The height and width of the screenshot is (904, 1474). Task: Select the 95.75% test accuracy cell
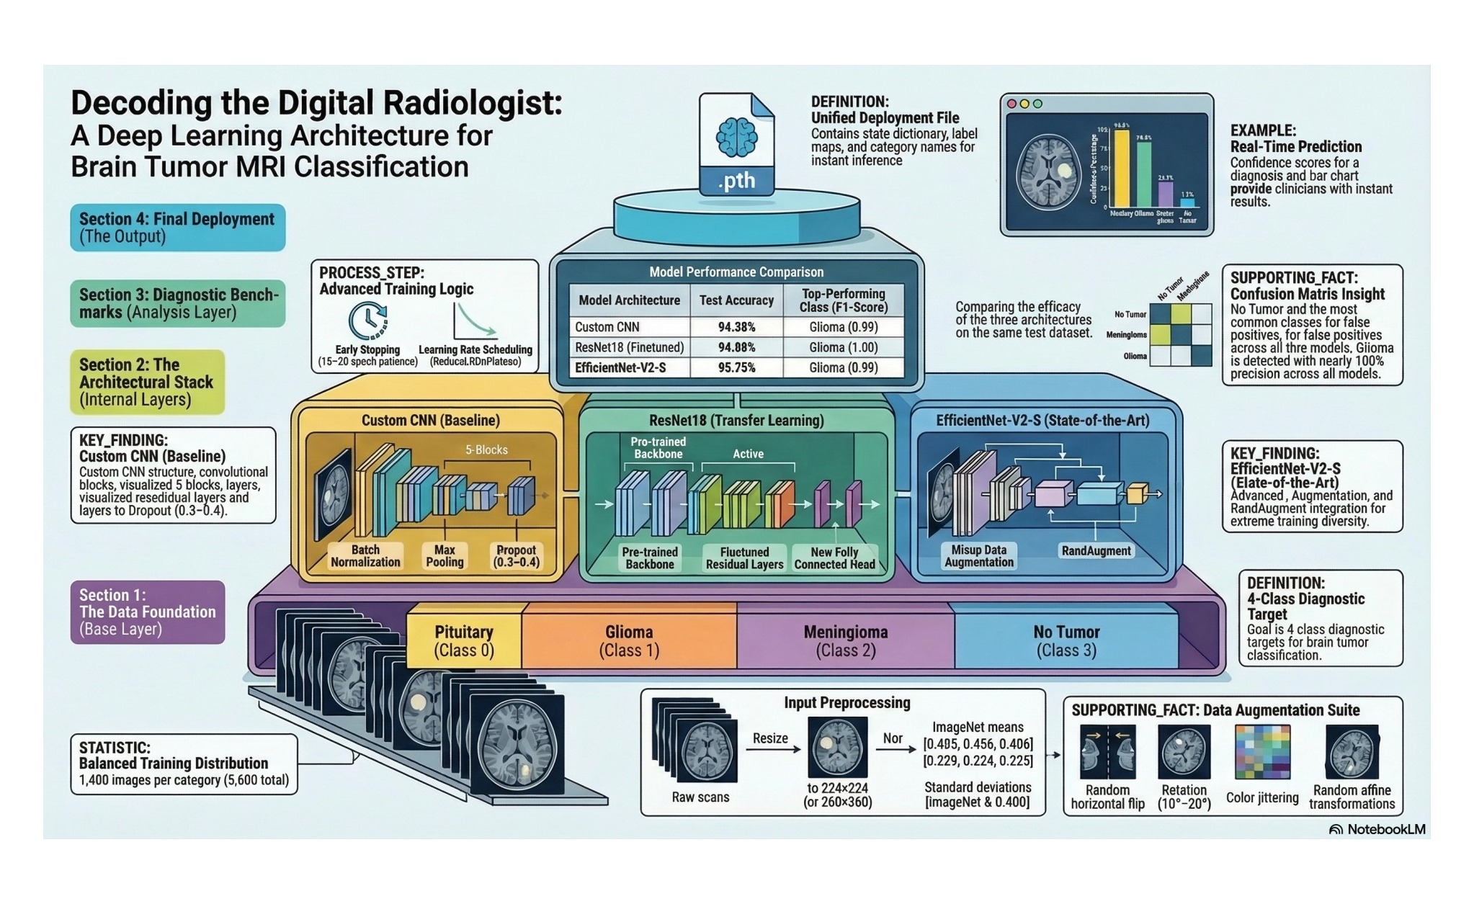point(736,367)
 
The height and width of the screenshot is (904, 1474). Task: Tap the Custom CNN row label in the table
point(607,327)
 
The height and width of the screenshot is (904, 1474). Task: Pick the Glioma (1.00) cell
point(843,347)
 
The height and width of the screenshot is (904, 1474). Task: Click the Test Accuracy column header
point(736,300)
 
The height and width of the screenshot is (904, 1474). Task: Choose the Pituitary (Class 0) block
point(464,640)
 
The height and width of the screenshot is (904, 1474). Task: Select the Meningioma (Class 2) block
point(845,640)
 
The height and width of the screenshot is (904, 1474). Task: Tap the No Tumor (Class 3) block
point(1066,640)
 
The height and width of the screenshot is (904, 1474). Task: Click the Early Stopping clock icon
point(367,321)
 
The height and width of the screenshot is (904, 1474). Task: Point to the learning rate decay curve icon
point(474,321)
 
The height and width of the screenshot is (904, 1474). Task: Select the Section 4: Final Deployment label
point(177,228)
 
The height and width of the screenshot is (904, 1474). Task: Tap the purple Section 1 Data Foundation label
point(148,612)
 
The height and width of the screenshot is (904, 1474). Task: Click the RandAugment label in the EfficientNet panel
point(1096,551)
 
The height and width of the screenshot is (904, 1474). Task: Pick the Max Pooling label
point(445,556)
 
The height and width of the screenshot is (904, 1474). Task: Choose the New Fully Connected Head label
point(834,558)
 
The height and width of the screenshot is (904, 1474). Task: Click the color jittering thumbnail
point(1262,752)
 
